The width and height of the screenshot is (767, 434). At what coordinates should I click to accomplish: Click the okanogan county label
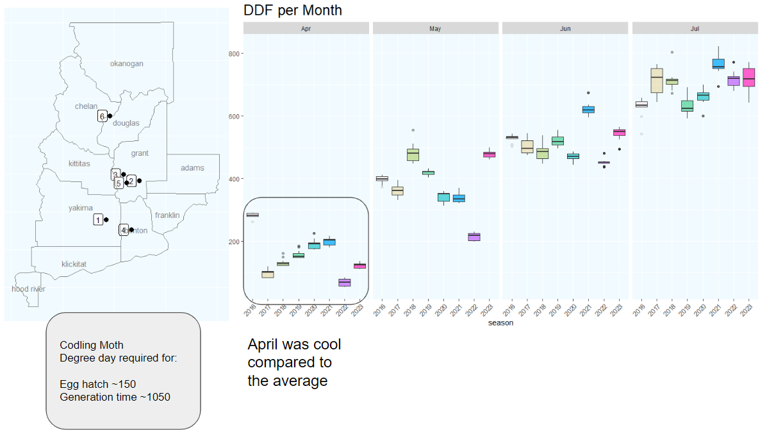coord(126,63)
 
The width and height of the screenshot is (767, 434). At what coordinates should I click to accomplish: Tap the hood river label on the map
coord(28,289)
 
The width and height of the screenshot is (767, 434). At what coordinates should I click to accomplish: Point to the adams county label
coord(192,168)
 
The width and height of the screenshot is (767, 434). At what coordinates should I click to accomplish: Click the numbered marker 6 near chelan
coord(102,116)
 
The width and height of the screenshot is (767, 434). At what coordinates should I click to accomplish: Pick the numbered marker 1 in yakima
coord(98,220)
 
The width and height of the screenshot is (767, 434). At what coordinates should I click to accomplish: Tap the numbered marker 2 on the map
coord(131,181)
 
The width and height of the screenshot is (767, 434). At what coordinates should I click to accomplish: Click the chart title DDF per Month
coord(293,10)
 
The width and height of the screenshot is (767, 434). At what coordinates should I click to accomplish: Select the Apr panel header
coord(306,29)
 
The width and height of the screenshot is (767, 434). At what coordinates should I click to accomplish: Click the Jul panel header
coord(695,29)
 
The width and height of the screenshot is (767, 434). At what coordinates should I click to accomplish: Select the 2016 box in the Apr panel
coord(252,215)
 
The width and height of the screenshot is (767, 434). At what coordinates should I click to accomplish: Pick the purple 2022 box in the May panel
coord(474,237)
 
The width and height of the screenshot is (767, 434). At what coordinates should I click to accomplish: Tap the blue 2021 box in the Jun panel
coord(588,110)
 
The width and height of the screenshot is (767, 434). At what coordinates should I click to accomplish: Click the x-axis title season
coord(500,323)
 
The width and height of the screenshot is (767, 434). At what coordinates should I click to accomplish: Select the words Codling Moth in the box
coord(92,346)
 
